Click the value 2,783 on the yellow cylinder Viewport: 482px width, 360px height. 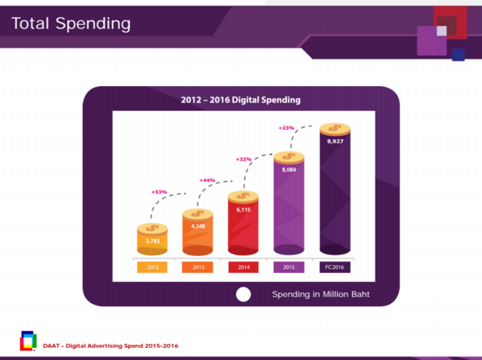tap(152, 241)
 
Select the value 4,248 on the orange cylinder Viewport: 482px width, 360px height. tap(198, 226)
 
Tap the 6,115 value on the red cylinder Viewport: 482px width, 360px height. tap(243, 209)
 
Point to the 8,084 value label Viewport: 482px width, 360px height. tap(289, 170)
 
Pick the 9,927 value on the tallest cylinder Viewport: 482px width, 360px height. tap(335, 141)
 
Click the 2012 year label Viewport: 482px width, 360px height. tap(152, 267)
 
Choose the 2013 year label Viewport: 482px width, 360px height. tap(197, 267)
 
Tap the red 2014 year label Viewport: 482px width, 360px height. tap(243, 267)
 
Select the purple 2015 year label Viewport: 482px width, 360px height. tap(289, 267)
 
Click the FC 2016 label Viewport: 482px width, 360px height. tap(334, 267)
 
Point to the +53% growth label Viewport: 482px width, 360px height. tap(160, 192)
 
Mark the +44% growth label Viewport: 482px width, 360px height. tap(207, 180)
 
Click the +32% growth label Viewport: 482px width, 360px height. tap(243, 159)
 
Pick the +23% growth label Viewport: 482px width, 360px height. tap(286, 128)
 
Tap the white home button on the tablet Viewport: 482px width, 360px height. tap(243, 294)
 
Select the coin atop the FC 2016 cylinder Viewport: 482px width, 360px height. tap(335, 129)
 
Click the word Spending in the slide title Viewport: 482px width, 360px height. tap(93, 24)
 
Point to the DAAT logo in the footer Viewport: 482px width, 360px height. tap(28, 341)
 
